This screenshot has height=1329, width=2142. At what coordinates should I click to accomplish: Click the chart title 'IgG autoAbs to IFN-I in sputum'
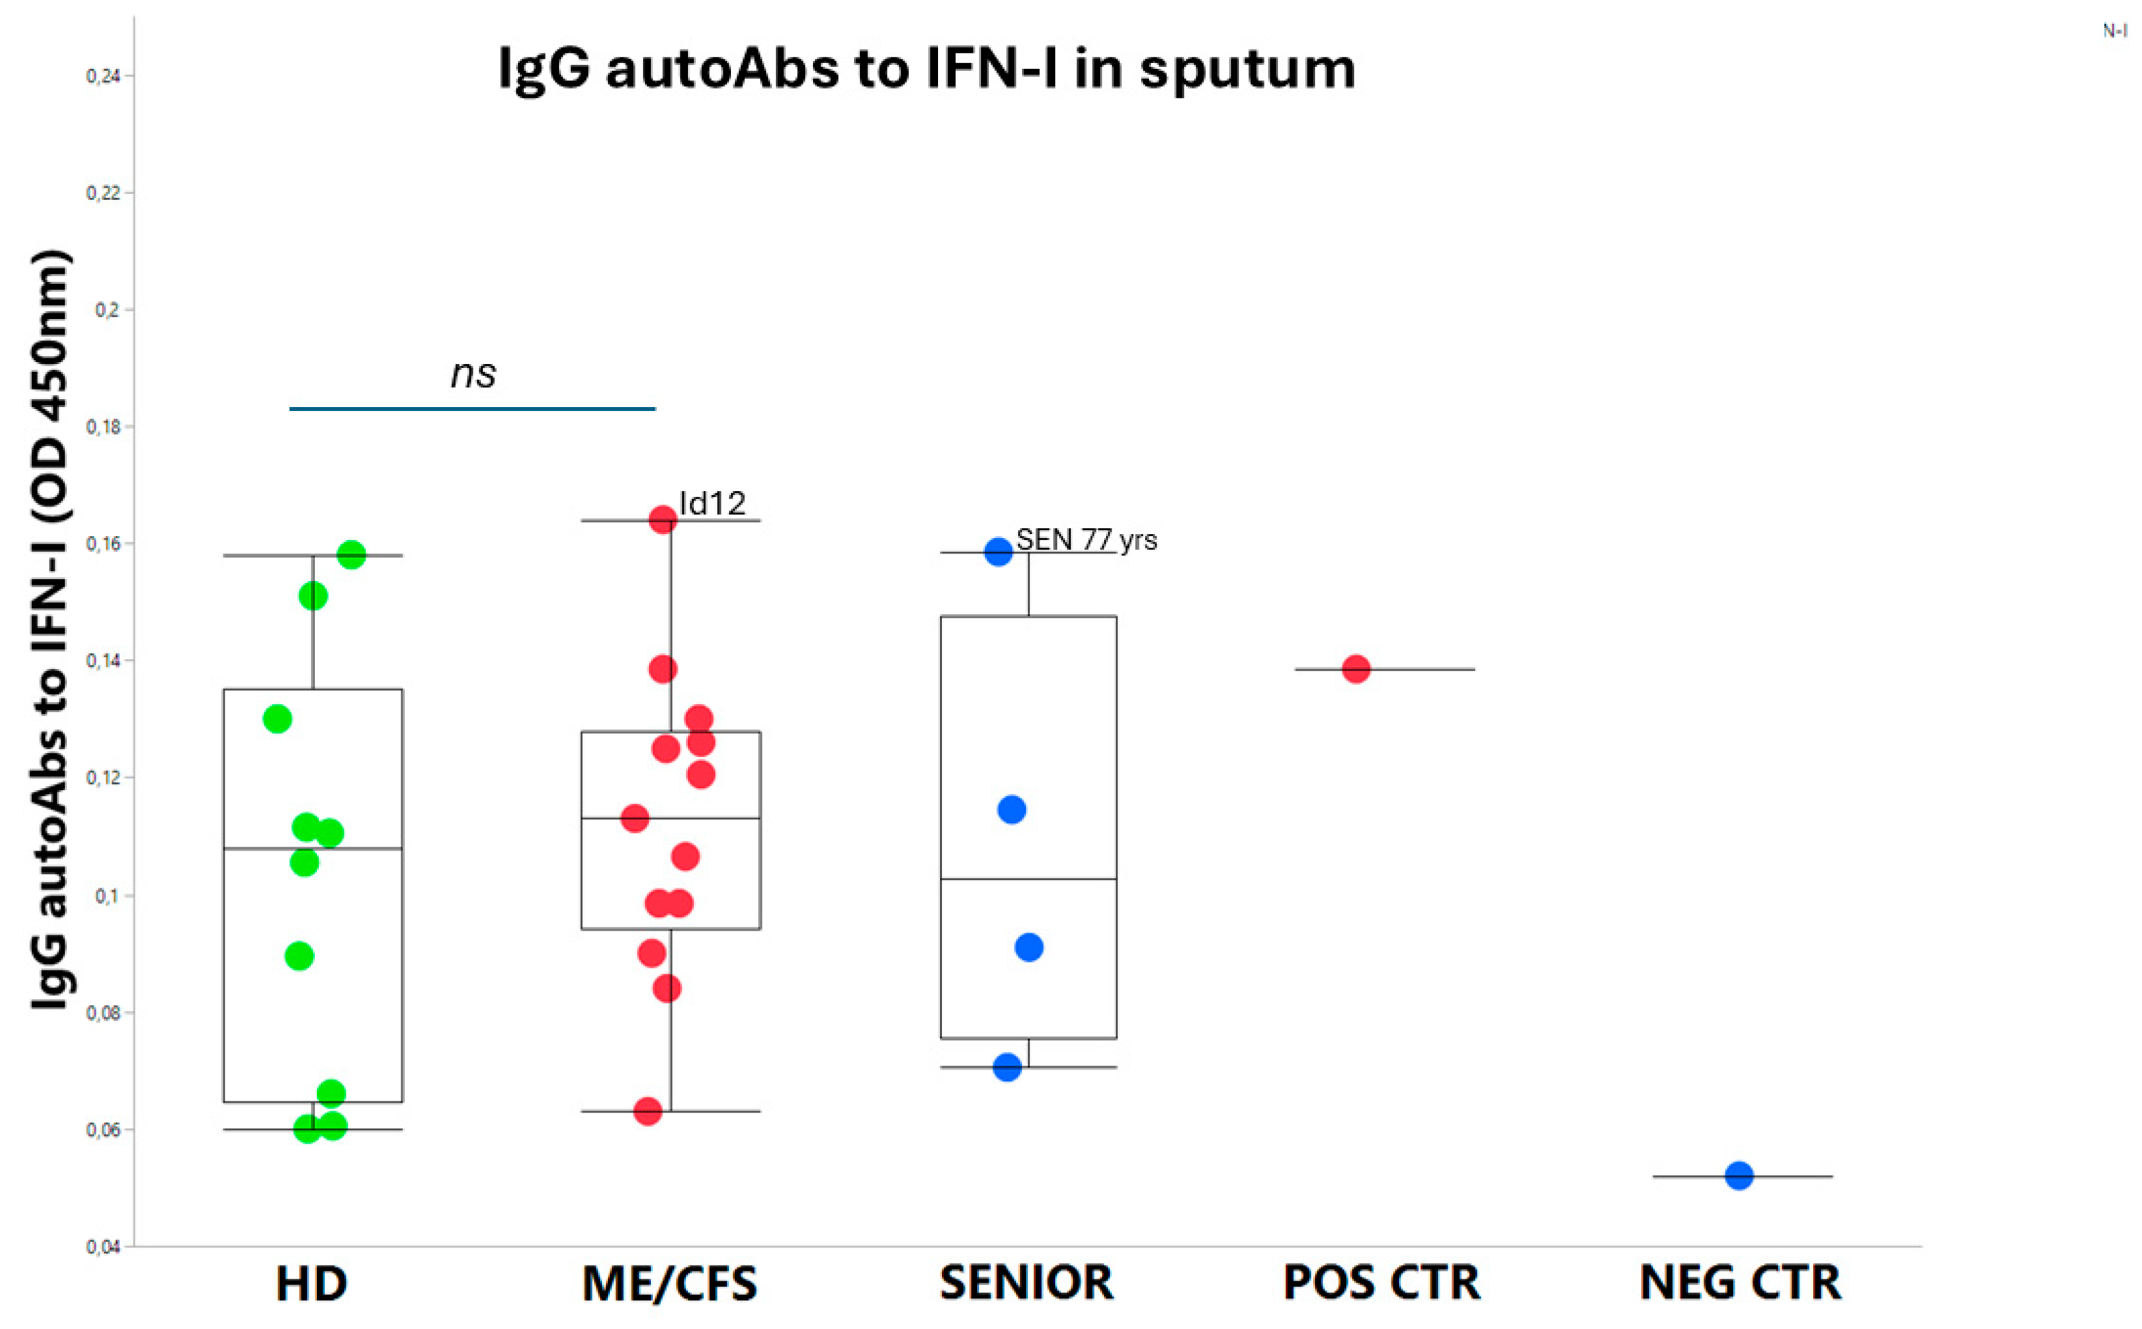coord(926,69)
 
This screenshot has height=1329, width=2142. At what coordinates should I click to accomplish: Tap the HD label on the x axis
coord(311,1283)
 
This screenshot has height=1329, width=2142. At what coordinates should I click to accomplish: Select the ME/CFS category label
coord(669,1283)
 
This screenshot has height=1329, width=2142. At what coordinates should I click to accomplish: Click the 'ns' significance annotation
coord(473,373)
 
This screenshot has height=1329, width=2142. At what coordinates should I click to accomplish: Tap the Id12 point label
coord(712,504)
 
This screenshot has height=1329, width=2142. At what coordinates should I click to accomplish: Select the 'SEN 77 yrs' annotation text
coord(1086,539)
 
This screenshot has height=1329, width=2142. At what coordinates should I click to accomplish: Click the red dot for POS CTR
coord(1355,669)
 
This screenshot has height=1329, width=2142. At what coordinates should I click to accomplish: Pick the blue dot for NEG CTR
coord(1738,1175)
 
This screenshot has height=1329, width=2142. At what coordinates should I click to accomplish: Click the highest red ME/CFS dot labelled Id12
coord(662,520)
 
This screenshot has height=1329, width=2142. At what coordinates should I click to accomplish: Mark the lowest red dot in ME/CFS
coord(648,1111)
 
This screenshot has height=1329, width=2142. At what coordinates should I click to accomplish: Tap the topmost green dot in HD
coord(351,555)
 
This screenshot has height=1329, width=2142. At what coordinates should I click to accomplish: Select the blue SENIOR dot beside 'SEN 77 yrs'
coord(998,552)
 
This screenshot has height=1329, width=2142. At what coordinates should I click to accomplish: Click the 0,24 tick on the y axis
coord(104,77)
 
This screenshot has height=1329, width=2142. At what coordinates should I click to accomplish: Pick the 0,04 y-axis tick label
coord(104,1246)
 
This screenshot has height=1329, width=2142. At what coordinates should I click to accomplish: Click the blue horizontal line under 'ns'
coord(473,409)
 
